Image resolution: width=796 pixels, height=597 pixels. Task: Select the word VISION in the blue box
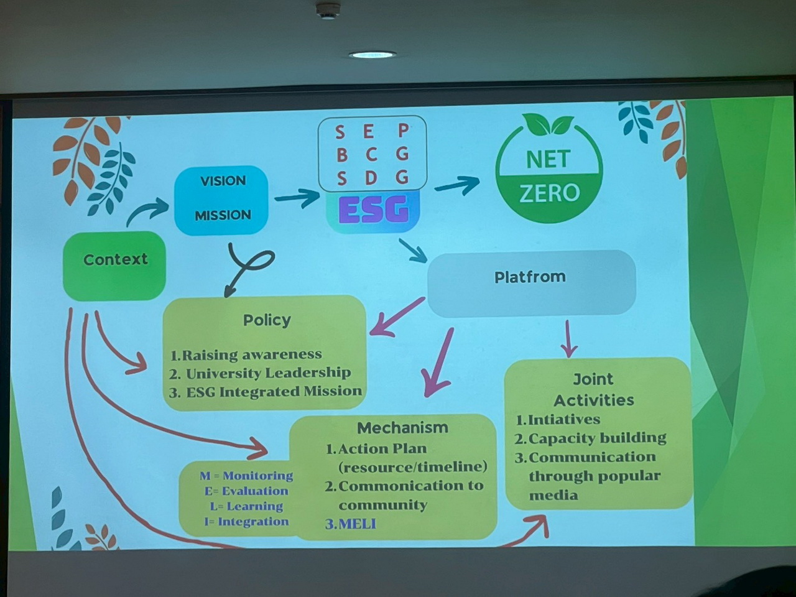(x=223, y=181)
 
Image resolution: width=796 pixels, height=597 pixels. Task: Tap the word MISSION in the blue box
(x=223, y=215)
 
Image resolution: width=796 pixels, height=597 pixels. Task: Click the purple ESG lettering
(x=374, y=209)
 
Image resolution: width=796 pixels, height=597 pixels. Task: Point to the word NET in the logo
(x=548, y=159)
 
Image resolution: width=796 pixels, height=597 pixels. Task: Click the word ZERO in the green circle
(x=549, y=193)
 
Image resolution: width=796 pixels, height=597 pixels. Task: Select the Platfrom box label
(x=530, y=277)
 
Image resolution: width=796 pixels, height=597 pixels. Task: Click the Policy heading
(x=267, y=320)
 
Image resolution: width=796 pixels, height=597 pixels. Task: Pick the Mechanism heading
(x=402, y=428)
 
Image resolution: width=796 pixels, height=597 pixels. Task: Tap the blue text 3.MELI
(x=351, y=524)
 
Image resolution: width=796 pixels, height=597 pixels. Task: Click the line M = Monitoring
(x=246, y=476)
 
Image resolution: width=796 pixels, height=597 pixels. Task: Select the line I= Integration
(x=246, y=522)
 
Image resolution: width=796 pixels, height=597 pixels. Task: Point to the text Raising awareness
(x=251, y=354)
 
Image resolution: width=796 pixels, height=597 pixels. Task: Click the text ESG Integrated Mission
(x=274, y=391)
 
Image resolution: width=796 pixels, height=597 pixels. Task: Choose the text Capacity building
(x=597, y=438)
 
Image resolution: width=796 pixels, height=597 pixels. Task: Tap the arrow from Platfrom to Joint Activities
(x=569, y=340)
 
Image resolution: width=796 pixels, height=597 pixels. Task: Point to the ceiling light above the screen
(x=372, y=55)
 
